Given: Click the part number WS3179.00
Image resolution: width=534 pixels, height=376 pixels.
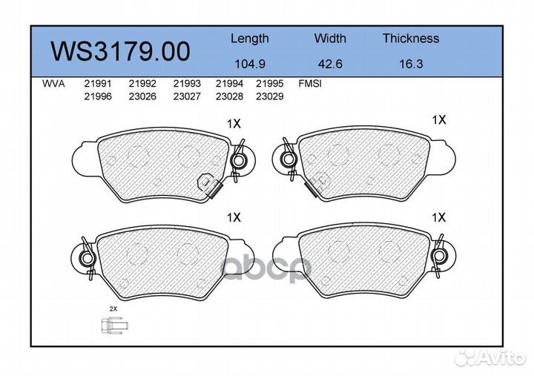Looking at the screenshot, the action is point(120,51).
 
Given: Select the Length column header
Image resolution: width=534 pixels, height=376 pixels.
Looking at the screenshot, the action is point(250,39).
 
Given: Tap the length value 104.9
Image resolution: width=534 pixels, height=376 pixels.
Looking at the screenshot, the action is point(250,64).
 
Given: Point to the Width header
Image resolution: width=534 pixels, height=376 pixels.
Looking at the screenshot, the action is point(330,38).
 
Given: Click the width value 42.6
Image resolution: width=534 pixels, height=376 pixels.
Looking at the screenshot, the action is point(330,64).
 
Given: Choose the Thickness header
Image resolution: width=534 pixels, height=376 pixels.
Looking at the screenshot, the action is point(411,38).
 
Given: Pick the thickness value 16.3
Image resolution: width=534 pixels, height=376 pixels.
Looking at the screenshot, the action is point(411,64).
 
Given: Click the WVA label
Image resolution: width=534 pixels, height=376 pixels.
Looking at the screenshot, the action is point(53,84).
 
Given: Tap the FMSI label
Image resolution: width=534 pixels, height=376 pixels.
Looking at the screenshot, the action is point(310,84).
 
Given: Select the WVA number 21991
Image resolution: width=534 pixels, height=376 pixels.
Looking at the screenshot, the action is point(98,84).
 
